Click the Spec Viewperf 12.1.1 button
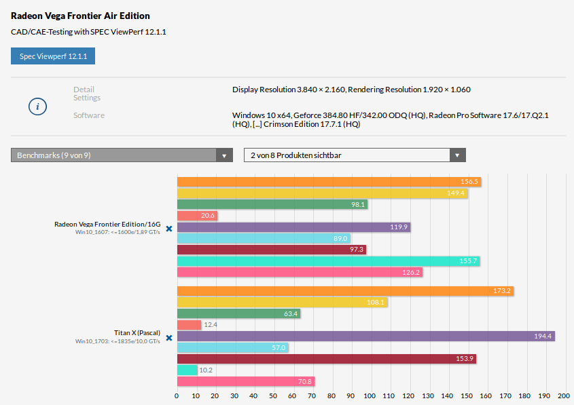(x=53, y=56)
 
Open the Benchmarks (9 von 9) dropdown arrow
(x=225, y=155)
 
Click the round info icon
(x=37, y=107)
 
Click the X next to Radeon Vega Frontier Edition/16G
(x=169, y=229)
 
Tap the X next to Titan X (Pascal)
(x=169, y=337)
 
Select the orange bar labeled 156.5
(x=329, y=182)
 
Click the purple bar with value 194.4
(x=365, y=336)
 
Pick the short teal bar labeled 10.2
(x=187, y=370)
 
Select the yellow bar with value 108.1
(x=282, y=302)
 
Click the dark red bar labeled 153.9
(x=326, y=359)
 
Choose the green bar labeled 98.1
(x=272, y=204)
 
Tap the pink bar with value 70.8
(x=245, y=381)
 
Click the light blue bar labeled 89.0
(x=263, y=239)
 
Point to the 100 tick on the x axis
(x=370, y=396)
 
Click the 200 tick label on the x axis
(x=562, y=396)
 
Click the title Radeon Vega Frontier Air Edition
(x=80, y=16)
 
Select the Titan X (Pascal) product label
(x=137, y=333)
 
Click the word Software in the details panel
(x=89, y=115)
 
